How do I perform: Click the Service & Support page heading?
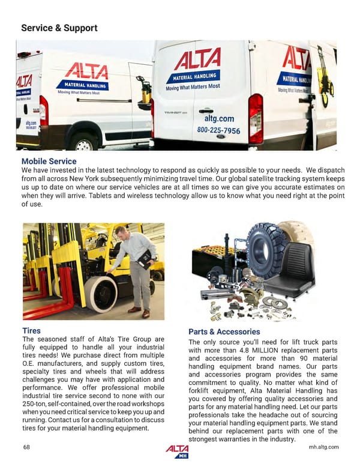pos(59,28)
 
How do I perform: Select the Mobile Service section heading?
pos(49,161)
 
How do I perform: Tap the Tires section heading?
pos(31,330)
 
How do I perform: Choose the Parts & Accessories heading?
pos(224,331)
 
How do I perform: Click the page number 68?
pos(26,447)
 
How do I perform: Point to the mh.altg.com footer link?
pos(323,447)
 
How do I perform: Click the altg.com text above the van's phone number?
pos(219,119)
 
